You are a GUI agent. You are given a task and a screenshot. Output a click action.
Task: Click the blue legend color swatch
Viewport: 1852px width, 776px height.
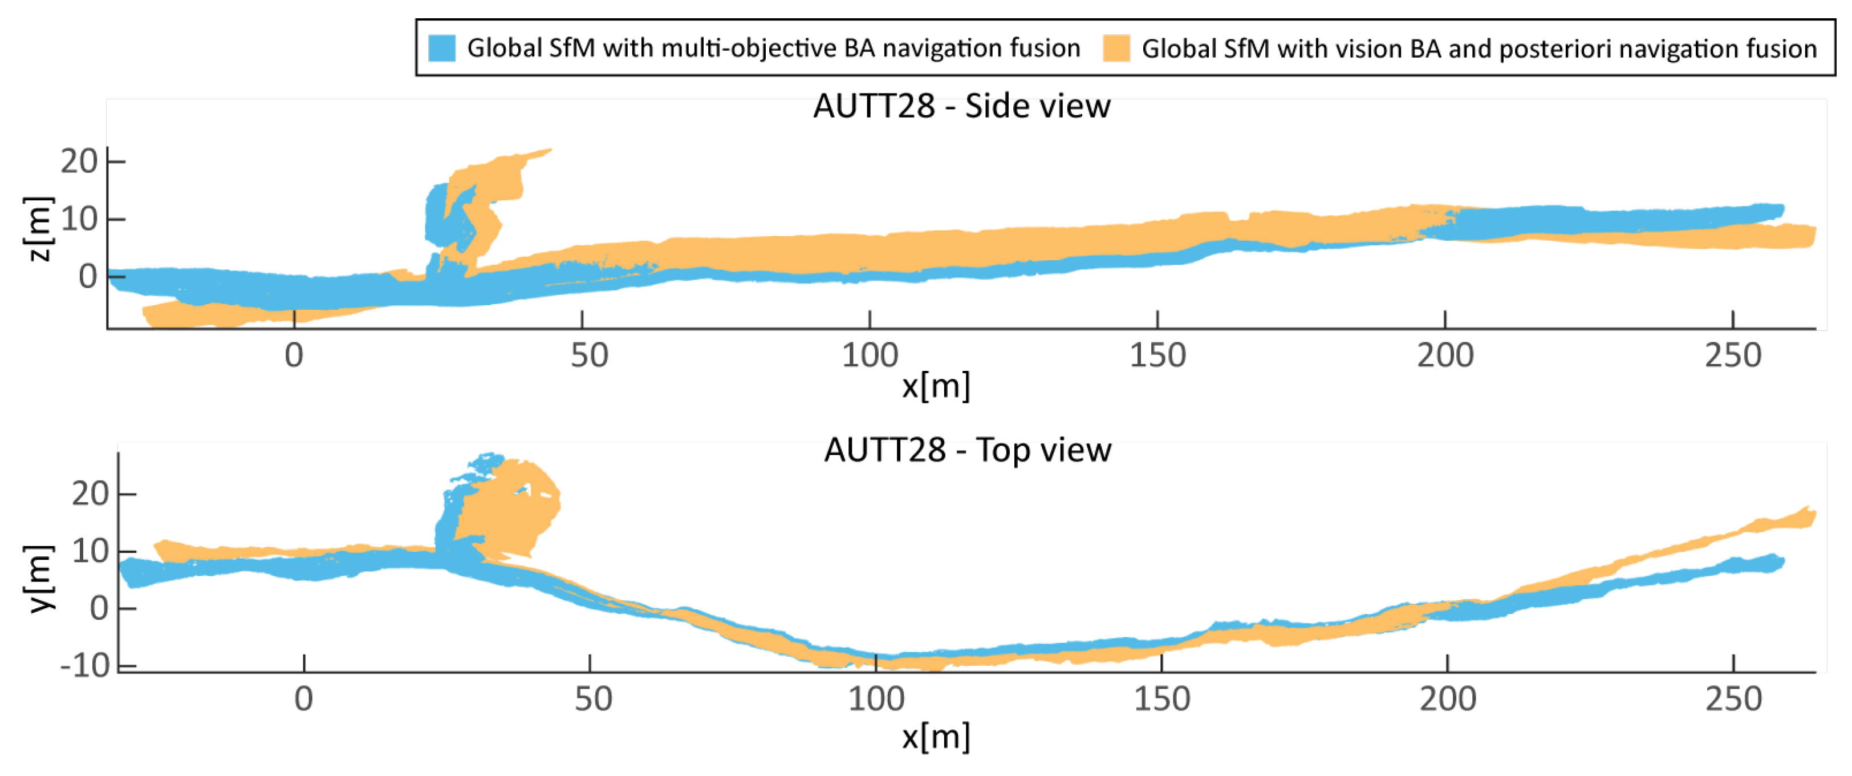[441, 48]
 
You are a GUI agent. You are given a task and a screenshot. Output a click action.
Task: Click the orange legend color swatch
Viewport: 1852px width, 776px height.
[1116, 48]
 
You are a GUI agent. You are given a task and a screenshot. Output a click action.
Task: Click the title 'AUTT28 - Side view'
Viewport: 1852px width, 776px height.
[961, 107]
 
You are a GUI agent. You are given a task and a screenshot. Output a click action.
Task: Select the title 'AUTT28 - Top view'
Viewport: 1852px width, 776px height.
[967, 450]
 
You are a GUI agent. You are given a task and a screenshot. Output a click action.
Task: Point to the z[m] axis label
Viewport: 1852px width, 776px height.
[38, 229]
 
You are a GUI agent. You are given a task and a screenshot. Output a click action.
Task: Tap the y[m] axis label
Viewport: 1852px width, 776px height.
[41, 577]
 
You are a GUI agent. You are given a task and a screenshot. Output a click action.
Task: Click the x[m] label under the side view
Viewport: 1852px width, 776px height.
[935, 386]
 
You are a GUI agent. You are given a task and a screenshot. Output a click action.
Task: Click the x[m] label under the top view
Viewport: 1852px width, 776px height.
[935, 737]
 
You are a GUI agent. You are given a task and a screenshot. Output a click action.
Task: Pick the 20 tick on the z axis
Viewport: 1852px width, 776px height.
[79, 161]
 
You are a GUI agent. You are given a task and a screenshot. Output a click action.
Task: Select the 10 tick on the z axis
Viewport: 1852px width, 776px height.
[79, 219]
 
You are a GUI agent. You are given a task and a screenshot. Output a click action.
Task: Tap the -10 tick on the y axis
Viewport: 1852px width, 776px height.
[85, 666]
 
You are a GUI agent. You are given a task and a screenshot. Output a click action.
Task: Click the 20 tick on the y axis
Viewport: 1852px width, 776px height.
[90, 494]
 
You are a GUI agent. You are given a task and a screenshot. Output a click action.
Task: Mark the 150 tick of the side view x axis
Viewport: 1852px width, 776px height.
[1157, 355]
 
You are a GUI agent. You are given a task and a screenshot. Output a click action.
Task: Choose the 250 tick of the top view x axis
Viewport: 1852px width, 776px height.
[1733, 698]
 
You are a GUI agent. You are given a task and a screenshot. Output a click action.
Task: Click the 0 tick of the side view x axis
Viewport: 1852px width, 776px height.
[294, 355]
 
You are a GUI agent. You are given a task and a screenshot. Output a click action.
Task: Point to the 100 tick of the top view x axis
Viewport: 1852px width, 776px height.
[876, 698]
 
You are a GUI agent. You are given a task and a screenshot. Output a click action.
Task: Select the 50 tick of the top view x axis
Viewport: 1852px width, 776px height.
[592, 698]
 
